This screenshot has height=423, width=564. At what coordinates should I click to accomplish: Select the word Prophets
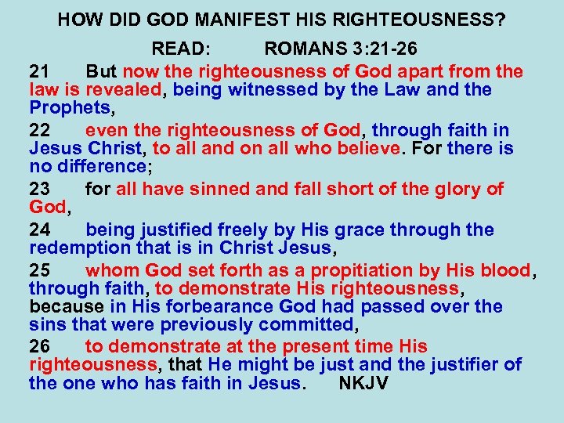68,107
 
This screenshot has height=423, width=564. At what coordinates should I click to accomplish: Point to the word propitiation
351,270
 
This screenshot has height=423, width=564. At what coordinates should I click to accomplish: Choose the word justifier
459,364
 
